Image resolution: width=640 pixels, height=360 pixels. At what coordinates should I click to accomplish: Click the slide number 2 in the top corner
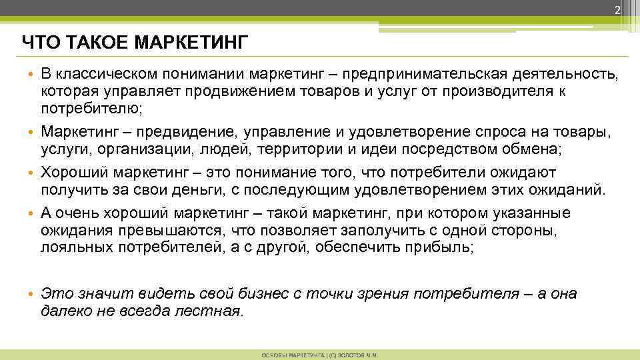coord(617,9)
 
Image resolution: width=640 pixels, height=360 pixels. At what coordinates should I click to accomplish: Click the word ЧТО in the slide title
coord(36,43)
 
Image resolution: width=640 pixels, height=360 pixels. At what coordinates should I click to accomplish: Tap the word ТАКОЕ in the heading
coord(89,43)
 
